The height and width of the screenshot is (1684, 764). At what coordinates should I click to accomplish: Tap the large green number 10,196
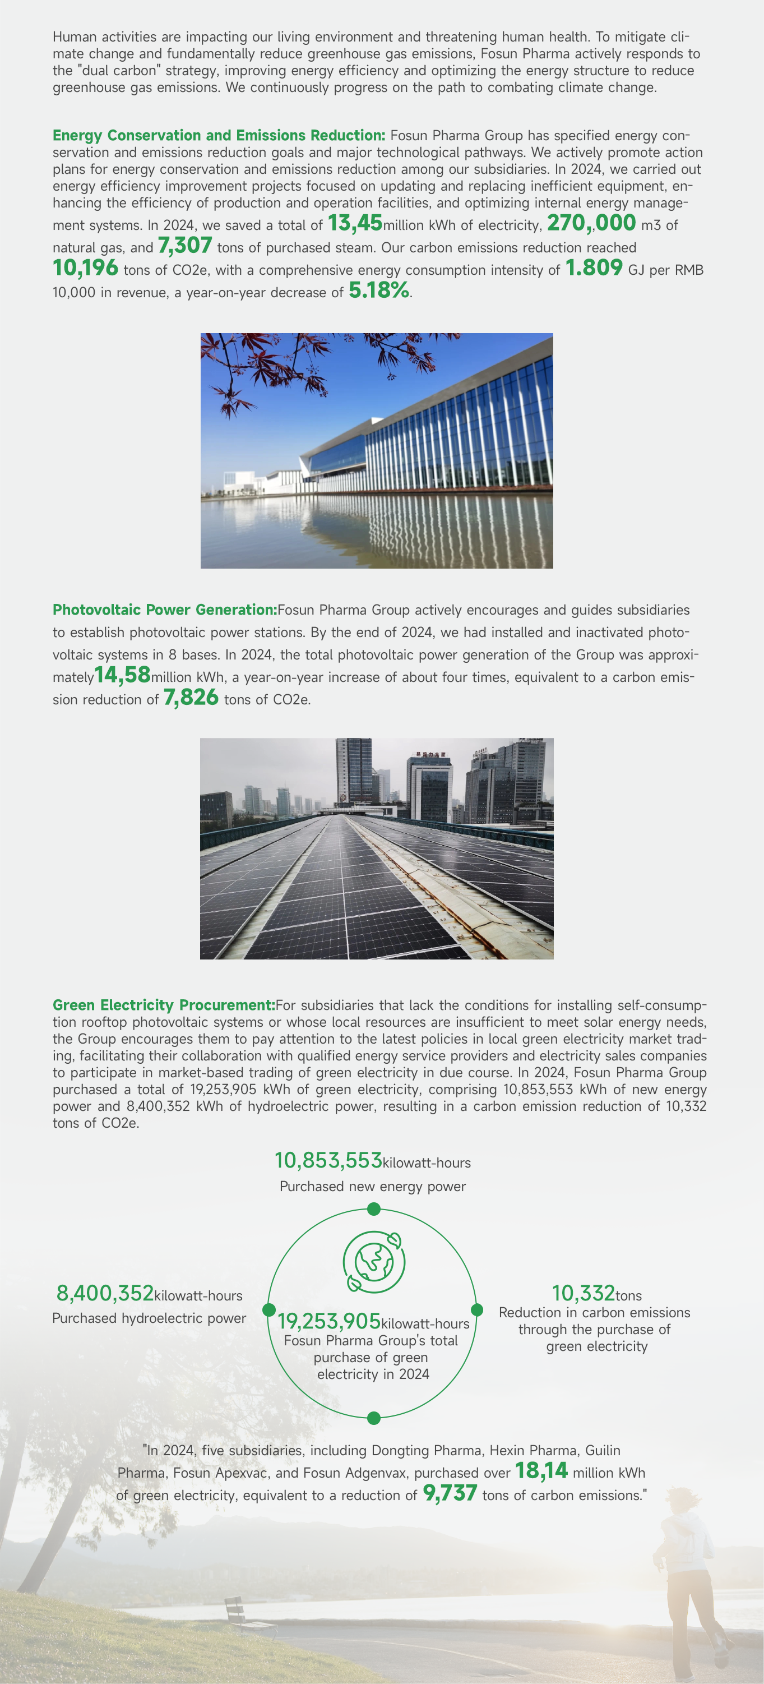click(x=86, y=268)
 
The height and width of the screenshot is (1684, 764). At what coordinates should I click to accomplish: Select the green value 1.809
click(x=594, y=268)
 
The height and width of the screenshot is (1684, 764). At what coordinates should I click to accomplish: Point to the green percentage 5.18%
click(x=379, y=290)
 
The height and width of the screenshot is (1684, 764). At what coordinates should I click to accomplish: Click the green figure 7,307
click(x=185, y=246)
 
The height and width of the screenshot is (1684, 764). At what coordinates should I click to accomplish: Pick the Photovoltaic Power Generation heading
click(x=165, y=610)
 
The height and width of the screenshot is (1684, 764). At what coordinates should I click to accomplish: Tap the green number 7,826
click(x=191, y=698)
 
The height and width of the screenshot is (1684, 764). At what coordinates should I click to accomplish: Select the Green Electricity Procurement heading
click(x=163, y=1005)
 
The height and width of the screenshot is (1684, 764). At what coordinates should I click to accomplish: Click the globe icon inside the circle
click(x=374, y=1262)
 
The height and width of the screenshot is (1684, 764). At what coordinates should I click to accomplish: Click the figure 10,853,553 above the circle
click(x=328, y=1161)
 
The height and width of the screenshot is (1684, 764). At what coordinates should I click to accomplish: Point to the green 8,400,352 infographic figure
click(x=105, y=1294)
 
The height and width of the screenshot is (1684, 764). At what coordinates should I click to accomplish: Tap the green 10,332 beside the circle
click(x=584, y=1294)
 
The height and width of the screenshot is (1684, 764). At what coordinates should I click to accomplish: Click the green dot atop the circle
click(x=374, y=1210)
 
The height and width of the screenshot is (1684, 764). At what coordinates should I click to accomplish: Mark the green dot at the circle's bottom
click(x=374, y=1418)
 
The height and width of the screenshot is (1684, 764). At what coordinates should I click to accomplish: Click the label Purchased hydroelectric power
click(x=149, y=1318)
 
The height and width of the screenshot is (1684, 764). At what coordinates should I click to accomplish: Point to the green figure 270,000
click(x=591, y=224)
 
